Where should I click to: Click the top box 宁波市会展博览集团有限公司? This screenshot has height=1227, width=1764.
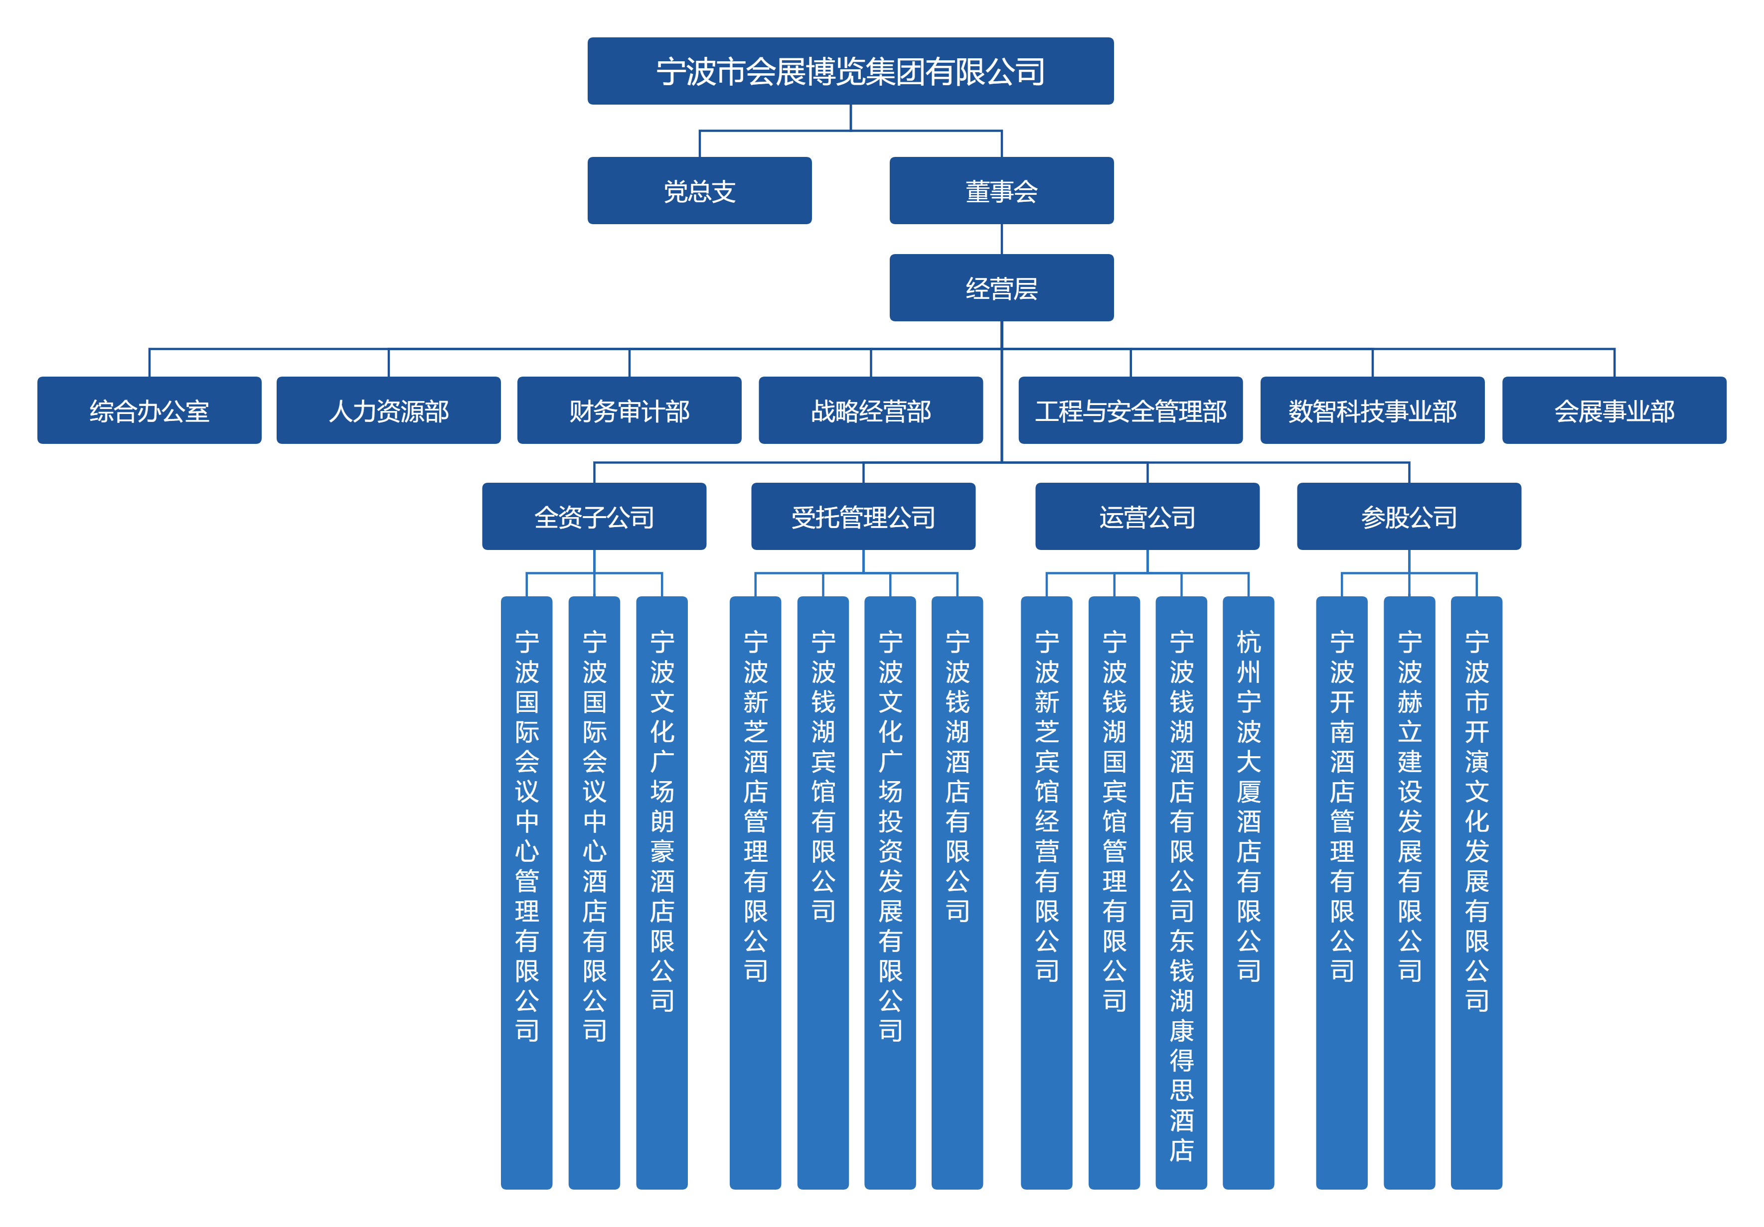coord(850,71)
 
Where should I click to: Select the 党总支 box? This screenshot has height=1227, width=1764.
coord(699,190)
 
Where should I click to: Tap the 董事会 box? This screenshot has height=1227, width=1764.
coord(1001,190)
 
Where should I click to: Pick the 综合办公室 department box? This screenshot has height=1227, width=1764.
coord(149,410)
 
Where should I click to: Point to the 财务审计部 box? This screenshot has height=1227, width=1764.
coord(629,410)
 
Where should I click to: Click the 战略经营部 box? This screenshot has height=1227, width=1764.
coord(870,410)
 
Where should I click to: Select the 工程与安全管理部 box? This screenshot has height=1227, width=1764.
coord(1130,410)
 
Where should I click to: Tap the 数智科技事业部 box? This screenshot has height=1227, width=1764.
coord(1372,410)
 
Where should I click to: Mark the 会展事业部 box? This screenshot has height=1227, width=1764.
coord(1614,410)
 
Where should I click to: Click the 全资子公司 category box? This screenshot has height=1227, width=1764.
coord(594,516)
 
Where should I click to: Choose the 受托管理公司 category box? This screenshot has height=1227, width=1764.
coord(863,516)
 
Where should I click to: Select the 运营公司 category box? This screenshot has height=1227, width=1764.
coord(1147,516)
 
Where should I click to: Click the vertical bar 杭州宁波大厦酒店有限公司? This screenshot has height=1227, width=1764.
coord(1249,892)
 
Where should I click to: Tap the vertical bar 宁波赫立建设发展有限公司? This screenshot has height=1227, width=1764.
coord(1409,892)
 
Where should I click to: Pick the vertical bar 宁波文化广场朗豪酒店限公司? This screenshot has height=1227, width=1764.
coord(661,892)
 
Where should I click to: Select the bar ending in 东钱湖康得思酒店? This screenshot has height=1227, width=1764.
coord(1181,892)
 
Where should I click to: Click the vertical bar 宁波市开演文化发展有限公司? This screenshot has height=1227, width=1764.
coord(1476,892)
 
